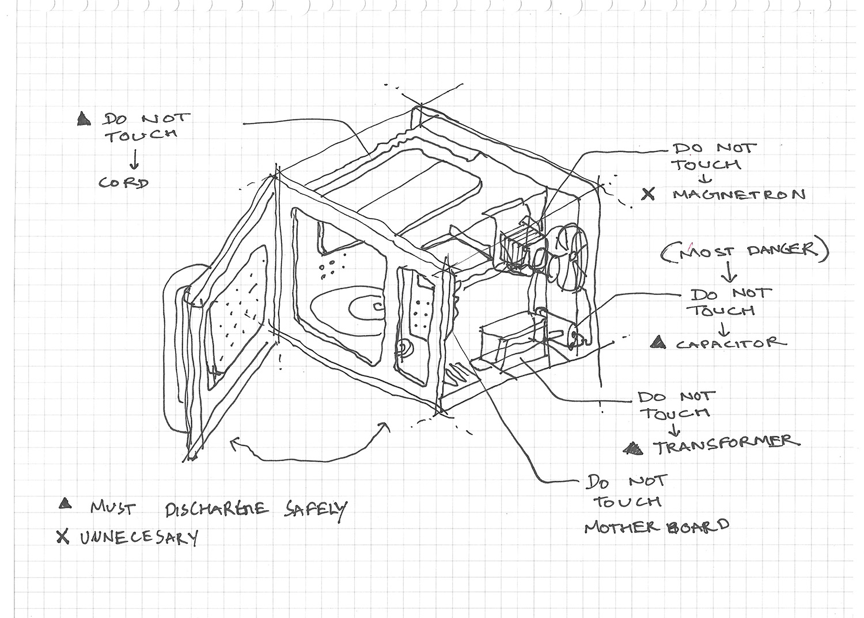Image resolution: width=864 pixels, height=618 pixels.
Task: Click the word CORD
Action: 124,183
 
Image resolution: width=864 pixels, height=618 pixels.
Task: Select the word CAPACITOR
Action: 730,344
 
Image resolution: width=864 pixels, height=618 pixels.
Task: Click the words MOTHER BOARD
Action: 656,526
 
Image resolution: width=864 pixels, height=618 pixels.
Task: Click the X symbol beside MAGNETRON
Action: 649,194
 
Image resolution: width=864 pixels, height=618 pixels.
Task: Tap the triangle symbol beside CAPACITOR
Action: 657,343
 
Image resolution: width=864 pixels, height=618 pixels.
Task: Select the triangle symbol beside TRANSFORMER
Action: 635,447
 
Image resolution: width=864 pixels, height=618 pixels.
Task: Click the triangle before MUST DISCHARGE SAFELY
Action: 65,504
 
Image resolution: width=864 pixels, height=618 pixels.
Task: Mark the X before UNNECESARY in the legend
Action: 62,537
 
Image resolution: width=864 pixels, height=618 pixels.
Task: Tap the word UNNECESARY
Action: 139,538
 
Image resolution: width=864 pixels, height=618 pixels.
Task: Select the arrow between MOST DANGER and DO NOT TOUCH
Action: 730,272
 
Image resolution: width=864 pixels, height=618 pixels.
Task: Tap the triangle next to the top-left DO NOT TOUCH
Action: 84,119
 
